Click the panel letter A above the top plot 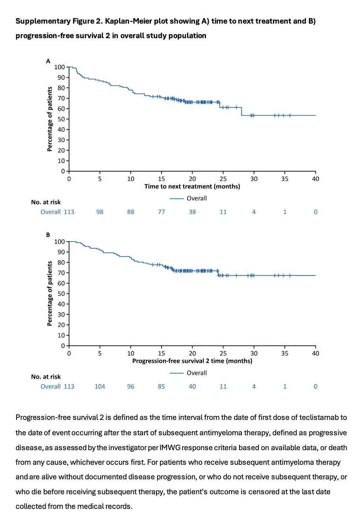pos(48,61)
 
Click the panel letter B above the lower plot pos(48,235)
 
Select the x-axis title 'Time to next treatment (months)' pos(192,187)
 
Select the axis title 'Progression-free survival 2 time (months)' pos(192,361)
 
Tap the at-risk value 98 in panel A pos(100,212)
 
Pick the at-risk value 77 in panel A pos(161,212)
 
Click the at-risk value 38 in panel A pos(192,212)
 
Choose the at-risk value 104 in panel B pos(100,386)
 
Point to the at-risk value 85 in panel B pos(161,386)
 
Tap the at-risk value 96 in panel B pos(131,386)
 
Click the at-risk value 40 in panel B pos(192,386)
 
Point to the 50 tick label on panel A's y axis pos(61,119)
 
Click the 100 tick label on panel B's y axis pos(59,242)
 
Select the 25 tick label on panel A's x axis pos(223,179)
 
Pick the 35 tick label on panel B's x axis pos(285,353)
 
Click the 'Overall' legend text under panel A pos(197,198)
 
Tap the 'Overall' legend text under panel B pos(197,373)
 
